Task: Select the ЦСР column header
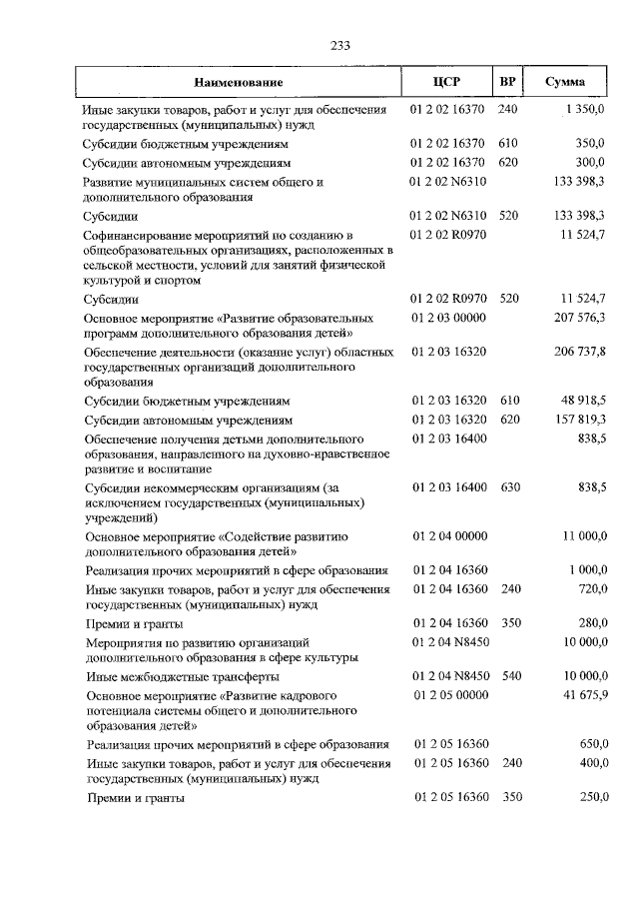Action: coord(446,82)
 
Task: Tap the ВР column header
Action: coord(508,82)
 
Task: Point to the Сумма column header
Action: coord(565,82)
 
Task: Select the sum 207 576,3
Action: coord(580,317)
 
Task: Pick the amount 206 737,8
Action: coord(580,353)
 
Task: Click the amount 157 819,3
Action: coord(580,420)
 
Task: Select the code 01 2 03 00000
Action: coord(447,317)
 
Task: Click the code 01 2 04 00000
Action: coord(447,536)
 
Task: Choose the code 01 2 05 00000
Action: coord(447,694)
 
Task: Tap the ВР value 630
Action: coord(508,486)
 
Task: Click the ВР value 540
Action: coord(508,676)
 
